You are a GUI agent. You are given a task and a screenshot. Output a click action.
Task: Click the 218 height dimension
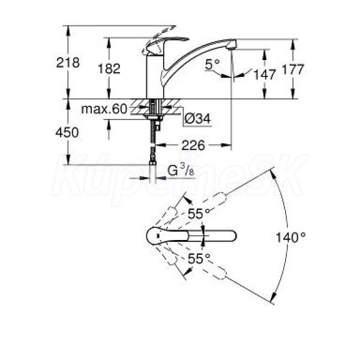point(68,62)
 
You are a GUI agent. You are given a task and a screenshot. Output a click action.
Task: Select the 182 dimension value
point(109,68)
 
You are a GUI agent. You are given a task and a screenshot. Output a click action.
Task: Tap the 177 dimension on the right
point(293,70)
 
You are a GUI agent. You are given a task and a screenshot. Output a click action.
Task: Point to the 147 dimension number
point(264,74)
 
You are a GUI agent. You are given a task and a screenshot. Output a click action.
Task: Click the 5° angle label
point(212,64)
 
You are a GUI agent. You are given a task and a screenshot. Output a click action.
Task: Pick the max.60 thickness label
point(104,109)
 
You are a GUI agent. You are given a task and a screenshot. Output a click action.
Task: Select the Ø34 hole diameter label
point(197,119)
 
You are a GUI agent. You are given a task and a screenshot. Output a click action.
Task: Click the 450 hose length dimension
point(67,133)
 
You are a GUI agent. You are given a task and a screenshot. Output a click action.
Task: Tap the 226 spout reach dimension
point(193,145)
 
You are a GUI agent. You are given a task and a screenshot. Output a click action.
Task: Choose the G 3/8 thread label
point(181,170)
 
